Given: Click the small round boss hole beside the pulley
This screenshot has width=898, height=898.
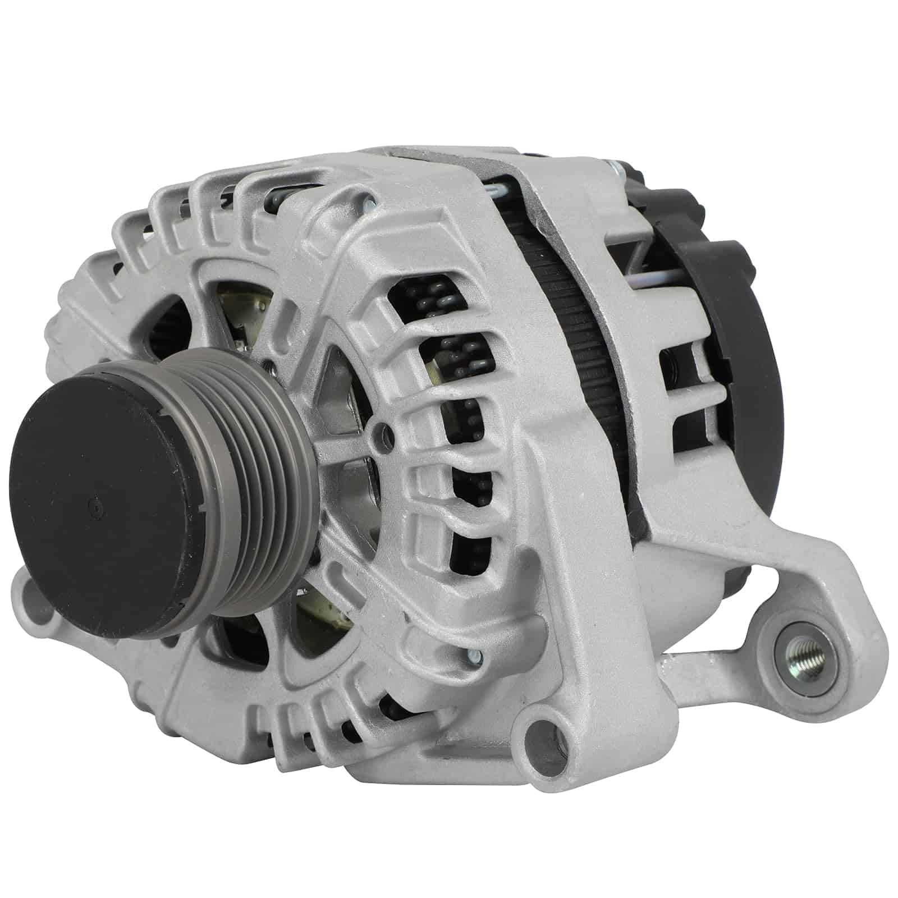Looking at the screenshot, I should (384, 431).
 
